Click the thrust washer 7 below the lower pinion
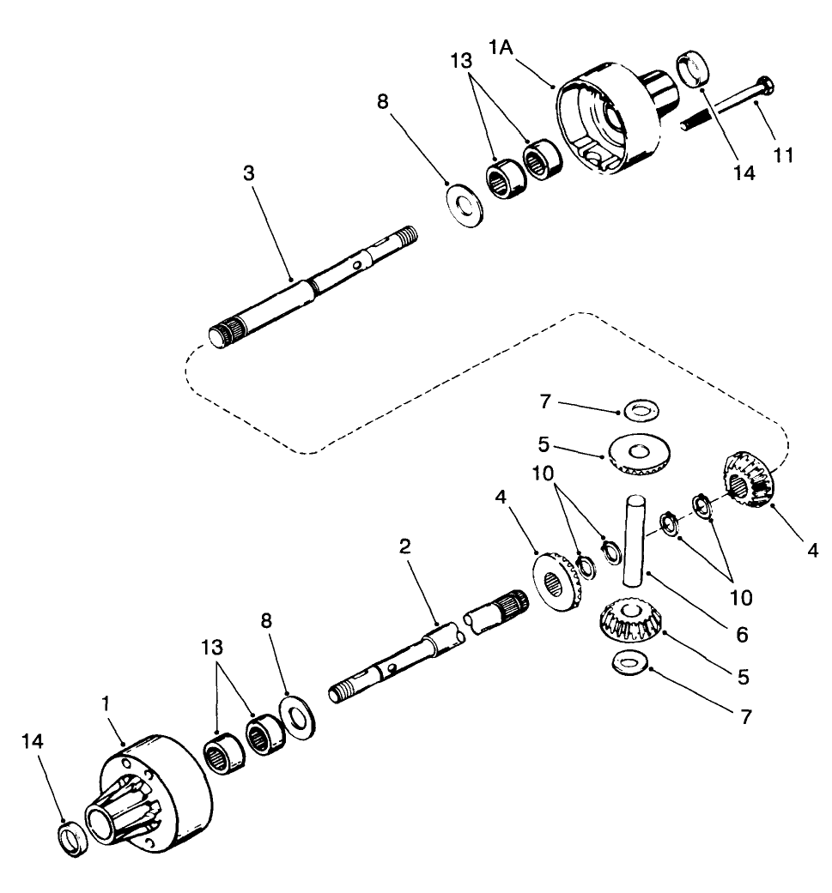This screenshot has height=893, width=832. (x=632, y=667)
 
